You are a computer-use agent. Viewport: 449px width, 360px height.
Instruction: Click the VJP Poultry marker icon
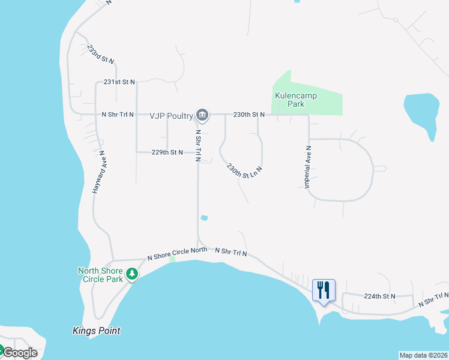(202, 114)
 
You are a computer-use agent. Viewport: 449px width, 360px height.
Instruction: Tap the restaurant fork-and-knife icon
(324, 290)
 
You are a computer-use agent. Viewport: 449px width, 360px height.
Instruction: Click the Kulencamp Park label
(295, 100)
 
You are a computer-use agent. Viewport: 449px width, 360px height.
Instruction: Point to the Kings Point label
(96, 331)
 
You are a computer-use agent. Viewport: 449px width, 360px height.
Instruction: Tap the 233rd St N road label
(100, 54)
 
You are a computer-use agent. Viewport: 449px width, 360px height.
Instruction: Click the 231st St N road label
(120, 82)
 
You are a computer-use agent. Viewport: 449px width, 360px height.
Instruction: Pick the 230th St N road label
(249, 114)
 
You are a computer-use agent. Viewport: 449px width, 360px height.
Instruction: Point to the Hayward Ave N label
(99, 171)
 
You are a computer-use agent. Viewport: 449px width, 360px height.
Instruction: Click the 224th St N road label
(380, 296)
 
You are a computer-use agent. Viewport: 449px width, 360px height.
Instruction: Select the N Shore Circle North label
(177, 254)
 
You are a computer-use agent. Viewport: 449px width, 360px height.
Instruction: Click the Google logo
(20, 353)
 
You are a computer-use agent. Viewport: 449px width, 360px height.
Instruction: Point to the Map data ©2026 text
(423, 355)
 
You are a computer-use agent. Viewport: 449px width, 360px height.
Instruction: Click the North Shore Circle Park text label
(100, 275)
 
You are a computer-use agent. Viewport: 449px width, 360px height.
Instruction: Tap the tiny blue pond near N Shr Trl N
(205, 218)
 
